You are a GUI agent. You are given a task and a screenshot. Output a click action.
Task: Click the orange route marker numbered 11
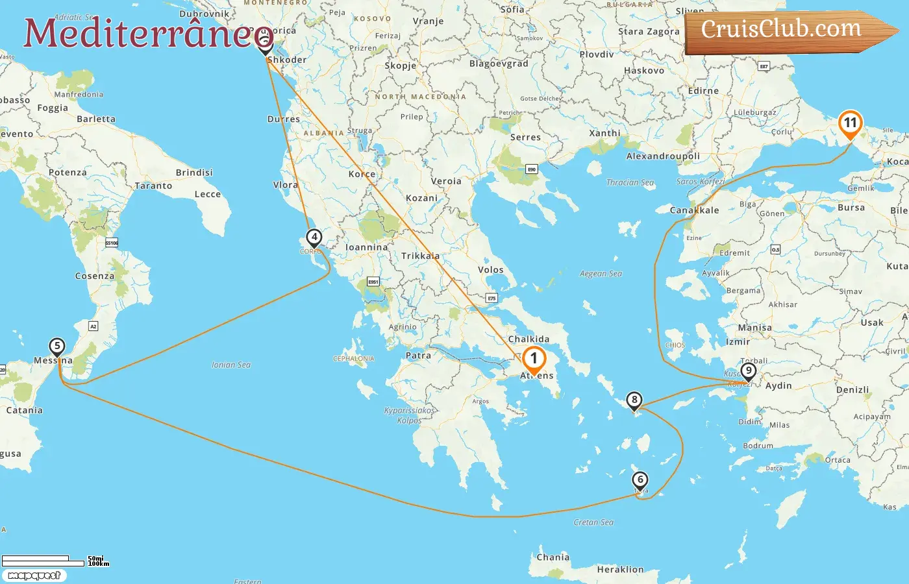tap(850, 123)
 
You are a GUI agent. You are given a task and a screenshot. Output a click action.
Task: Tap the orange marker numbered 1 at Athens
tap(534, 358)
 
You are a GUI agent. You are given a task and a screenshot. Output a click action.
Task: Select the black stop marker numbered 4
tap(314, 237)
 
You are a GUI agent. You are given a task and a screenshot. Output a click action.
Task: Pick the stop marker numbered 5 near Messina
tap(57, 346)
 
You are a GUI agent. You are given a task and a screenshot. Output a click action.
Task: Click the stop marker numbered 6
tap(640, 480)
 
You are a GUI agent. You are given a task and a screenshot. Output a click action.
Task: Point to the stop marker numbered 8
tap(634, 400)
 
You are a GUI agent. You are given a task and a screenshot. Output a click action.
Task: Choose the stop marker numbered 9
tap(749, 372)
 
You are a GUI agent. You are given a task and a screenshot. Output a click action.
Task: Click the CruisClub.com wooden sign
tap(786, 30)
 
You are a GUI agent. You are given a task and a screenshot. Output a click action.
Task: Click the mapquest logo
tap(34, 576)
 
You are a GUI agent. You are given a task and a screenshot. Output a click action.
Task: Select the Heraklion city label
tap(620, 570)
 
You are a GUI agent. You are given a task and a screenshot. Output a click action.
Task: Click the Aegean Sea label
tap(601, 274)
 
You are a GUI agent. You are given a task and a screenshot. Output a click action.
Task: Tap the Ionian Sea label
tap(231, 365)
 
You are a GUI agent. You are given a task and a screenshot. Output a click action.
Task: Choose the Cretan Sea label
tap(593, 522)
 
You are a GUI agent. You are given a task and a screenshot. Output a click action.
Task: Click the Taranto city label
tap(154, 186)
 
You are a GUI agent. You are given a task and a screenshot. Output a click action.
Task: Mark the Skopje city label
tap(400, 66)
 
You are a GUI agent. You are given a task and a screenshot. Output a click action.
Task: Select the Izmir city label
tap(738, 342)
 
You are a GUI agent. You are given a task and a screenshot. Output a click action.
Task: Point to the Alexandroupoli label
tap(663, 156)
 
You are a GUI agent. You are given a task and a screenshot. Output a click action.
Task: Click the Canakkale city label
tap(694, 210)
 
